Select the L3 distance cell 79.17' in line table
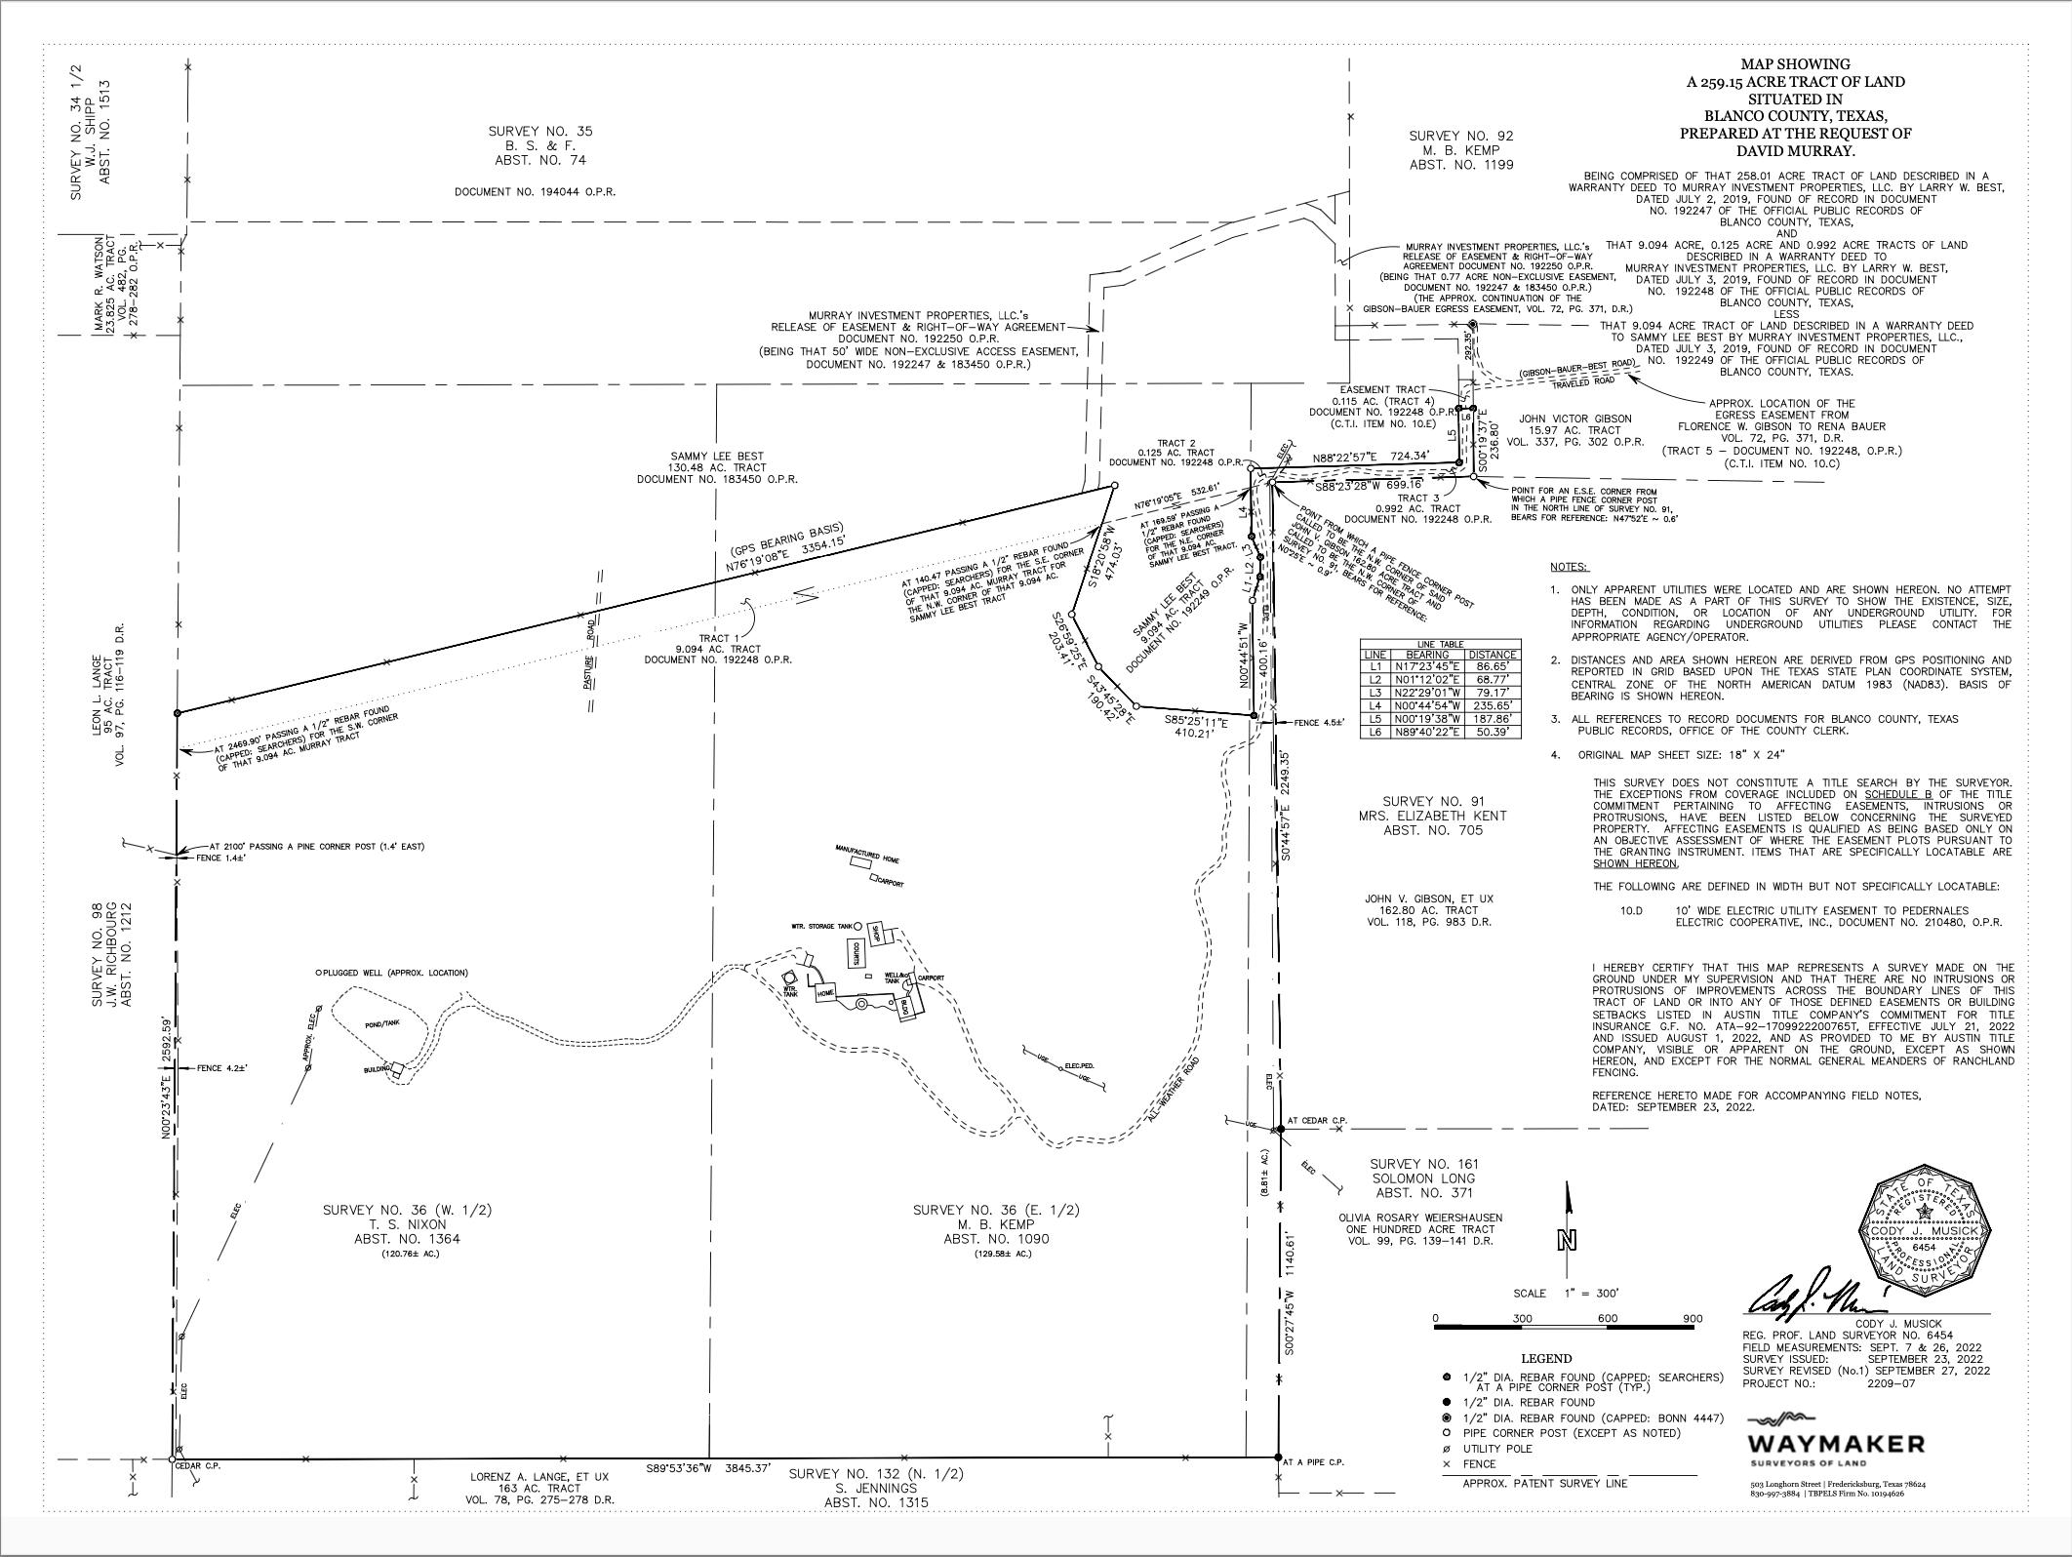(1494, 694)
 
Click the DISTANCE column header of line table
(1494, 655)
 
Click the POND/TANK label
(381, 1024)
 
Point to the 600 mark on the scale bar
(1608, 1318)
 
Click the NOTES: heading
(1569, 567)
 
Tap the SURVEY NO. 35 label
(539, 131)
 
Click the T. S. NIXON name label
(407, 1223)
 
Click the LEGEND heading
(1546, 1358)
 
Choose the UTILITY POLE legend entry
(1497, 1449)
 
